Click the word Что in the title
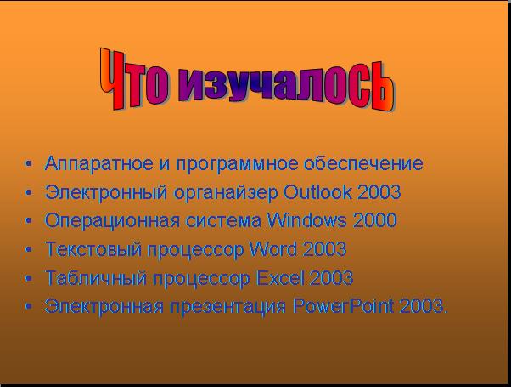point(134,80)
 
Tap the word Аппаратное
point(99,163)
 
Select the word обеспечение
point(363,163)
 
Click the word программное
point(238,164)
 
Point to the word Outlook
point(317,192)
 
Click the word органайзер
point(226,193)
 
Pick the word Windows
point(307,220)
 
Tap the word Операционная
point(112,221)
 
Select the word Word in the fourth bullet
point(273,249)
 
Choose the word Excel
point(281,278)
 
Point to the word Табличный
point(96,279)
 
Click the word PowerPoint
point(343,306)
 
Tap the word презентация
point(227,308)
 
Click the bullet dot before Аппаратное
point(29,163)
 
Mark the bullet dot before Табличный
point(29,278)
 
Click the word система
point(223,221)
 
